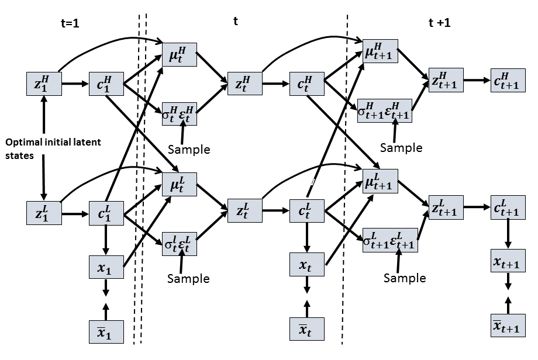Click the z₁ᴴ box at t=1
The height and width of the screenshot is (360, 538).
43,84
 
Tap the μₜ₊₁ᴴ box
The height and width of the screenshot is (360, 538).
380,53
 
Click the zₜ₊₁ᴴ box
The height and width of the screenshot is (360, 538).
446,79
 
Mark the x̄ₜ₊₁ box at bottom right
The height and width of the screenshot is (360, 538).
508,325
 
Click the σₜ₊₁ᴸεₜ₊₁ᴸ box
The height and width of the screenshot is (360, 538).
389,240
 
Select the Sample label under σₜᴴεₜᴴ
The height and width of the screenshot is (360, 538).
188,150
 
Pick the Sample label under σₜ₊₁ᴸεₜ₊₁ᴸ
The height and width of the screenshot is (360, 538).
405,278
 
